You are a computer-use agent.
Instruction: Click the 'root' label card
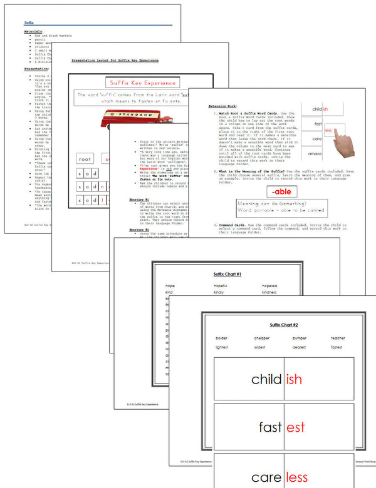click(85, 159)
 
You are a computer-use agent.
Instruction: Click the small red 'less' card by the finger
click(328, 130)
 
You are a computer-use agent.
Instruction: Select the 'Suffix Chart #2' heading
click(284, 325)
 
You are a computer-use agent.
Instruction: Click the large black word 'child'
click(266, 380)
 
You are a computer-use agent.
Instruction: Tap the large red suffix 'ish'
click(294, 380)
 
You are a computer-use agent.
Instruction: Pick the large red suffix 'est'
click(295, 428)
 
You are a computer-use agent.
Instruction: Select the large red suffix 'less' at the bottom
click(297, 477)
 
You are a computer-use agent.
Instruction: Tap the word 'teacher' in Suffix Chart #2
click(338, 338)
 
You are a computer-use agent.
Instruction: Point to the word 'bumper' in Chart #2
click(299, 338)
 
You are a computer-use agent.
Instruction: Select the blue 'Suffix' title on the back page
click(29, 21)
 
